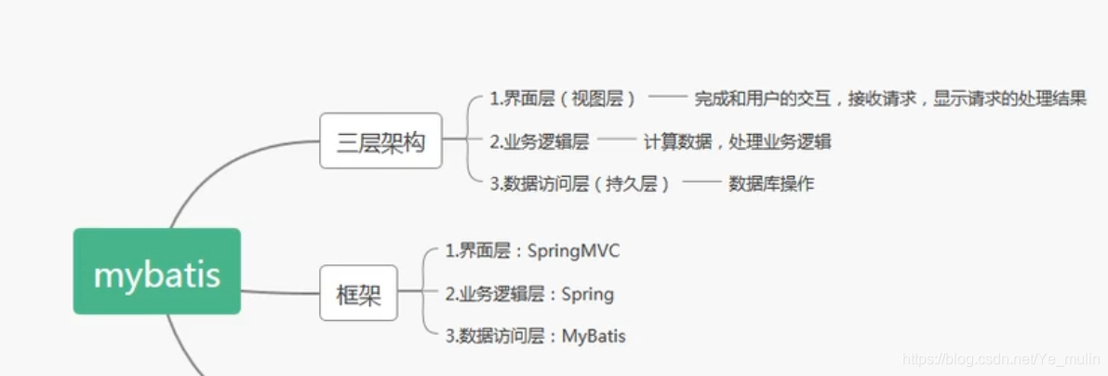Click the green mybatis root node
click(x=156, y=271)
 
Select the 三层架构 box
click(x=380, y=141)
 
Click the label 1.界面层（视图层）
click(x=564, y=99)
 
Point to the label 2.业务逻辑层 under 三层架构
click(x=540, y=141)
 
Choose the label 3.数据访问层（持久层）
click(x=581, y=183)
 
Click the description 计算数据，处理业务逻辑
click(x=737, y=141)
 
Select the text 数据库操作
click(x=771, y=183)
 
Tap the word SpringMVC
click(x=573, y=250)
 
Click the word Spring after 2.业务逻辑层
click(x=587, y=294)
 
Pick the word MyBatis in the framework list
click(x=594, y=336)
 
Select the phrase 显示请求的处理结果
click(x=1008, y=99)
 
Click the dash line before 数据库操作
click(x=701, y=183)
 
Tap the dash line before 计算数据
click(x=617, y=141)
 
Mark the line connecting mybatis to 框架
click(x=279, y=291)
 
